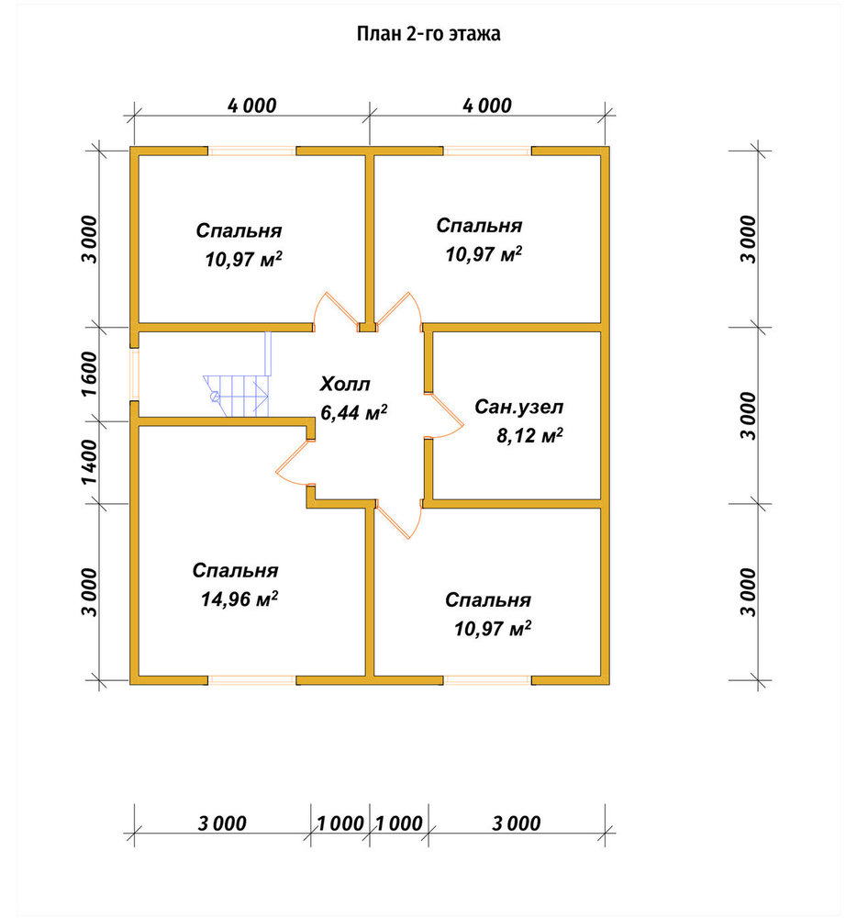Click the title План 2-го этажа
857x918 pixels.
pos(428,34)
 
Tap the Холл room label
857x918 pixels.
pos(345,384)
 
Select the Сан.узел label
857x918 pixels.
pos(519,407)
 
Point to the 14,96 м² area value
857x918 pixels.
pos(239,599)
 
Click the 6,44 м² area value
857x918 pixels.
pos(354,412)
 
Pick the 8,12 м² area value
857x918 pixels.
pos(530,435)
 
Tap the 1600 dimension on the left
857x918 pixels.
pos(90,374)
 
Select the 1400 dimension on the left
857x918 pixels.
pos(90,463)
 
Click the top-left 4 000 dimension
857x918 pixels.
pos(252,106)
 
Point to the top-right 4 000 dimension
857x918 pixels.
pos(487,106)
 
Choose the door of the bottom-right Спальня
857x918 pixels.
pos(399,520)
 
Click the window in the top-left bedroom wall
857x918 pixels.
pos(252,151)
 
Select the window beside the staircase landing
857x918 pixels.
pos(135,375)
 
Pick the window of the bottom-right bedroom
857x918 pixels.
pos(487,680)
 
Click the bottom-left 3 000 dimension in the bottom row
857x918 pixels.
pos(222,823)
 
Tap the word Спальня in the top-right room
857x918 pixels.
pos(479,226)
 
